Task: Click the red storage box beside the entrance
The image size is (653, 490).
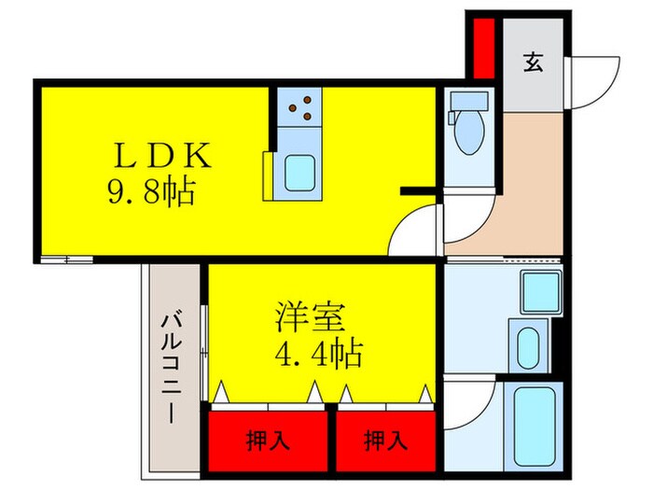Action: coord(483,48)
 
